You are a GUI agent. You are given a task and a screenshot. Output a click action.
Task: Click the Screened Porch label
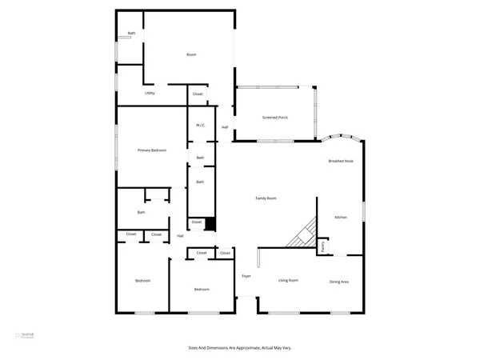coord(275,118)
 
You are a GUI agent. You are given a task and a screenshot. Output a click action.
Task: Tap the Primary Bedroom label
coord(152,150)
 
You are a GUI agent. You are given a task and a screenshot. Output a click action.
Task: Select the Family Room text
coord(266,198)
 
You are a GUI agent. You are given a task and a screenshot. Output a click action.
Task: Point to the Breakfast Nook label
coord(341,161)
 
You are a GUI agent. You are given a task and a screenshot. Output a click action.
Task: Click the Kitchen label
coord(341,218)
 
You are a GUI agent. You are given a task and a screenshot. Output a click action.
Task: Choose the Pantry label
coord(323,247)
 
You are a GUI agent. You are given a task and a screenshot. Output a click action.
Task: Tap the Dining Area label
coord(339,282)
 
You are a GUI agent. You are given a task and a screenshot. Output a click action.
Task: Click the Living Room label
coord(288,280)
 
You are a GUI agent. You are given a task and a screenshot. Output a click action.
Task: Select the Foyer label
coord(246,276)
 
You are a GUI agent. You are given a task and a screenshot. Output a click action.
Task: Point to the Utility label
coord(150,94)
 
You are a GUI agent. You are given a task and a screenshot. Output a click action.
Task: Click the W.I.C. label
coord(201,125)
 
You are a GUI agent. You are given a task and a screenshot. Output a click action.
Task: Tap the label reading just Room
coord(191,54)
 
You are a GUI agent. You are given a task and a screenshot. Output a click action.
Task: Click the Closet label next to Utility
coord(198,94)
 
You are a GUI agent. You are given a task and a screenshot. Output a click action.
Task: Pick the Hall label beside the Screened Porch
coord(225,128)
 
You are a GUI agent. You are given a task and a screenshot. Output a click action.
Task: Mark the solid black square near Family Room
coord(210,224)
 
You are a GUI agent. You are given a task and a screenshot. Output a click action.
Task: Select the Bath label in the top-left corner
coord(130,34)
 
